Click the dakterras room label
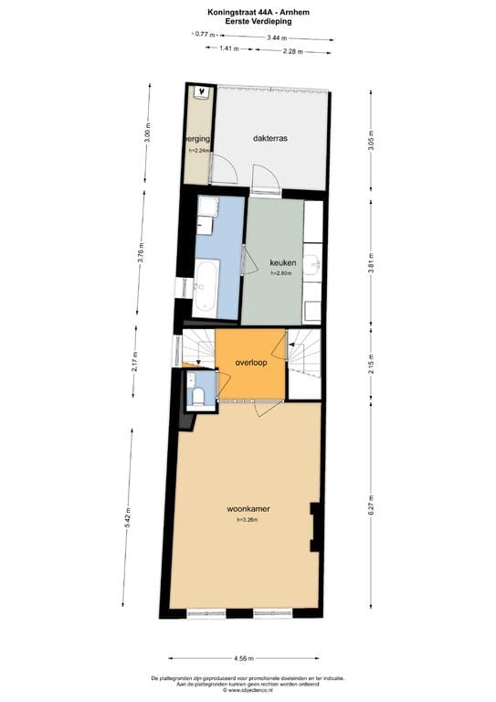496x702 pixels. [270, 139]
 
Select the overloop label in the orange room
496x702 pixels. [249, 362]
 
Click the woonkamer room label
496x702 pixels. [248, 508]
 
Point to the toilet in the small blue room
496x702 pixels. [198, 395]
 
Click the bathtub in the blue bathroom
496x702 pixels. [205, 285]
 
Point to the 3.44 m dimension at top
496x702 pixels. [276, 37]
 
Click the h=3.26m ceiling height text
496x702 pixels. [248, 520]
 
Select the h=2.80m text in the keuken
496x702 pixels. [280, 272]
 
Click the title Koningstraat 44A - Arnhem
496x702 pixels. [248, 12]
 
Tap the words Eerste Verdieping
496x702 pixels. [248, 21]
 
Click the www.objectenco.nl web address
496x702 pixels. [248, 690]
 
